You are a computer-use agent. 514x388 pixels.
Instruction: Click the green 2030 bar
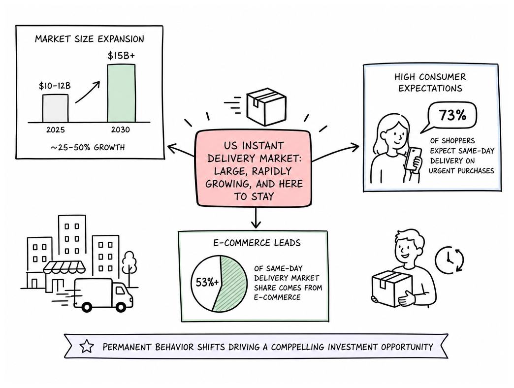pyautogui.click(x=121, y=94)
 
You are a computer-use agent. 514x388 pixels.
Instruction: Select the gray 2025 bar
pyautogui.click(x=56, y=108)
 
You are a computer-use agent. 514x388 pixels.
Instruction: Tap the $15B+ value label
pyautogui.click(x=121, y=56)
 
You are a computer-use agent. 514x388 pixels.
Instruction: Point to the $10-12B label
pyautogui.click(x=55, y=86)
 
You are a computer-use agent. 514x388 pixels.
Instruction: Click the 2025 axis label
pyautogui.click(x=56, y=130)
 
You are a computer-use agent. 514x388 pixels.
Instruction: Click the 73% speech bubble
pyautogui.click(x=450, y=117)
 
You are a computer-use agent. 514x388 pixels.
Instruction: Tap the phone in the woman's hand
pyautogui.click(x=413, y=159)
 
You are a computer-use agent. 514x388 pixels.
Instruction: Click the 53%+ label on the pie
pyautogui.click(x=207, y=282)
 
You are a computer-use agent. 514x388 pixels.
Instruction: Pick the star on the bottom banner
pyautogui.click(x=87, y=346)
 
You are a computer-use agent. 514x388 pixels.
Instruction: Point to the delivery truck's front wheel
pyautogui.click(x=120, y=307)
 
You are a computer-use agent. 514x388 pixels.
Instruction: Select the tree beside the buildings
pyautogui.click(x=129, y=267)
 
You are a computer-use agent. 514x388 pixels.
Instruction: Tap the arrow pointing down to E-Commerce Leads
pyautogui.click(x=256, y=217)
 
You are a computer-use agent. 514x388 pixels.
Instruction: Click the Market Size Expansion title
pyautogui.click(x=90, y=39)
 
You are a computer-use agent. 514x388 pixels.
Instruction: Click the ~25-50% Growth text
pyautogui.click(x=88, y=147)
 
